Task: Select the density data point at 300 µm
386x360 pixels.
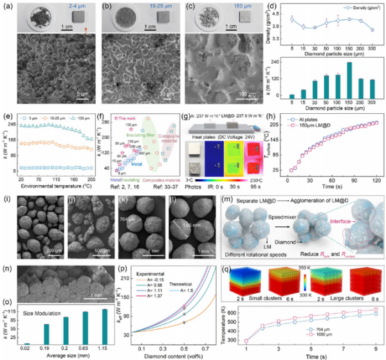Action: (374, 30)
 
